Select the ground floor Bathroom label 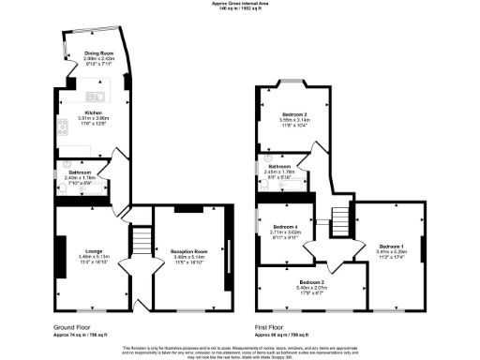[x=79, y=172]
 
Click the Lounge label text [x=91, y=250]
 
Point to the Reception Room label [x=188, y=250]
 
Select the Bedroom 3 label [x=312, y=281]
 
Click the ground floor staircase [x=139, y=242]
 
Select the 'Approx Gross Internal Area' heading [x=240, y=5]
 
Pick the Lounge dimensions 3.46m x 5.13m [x=91, y=256]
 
